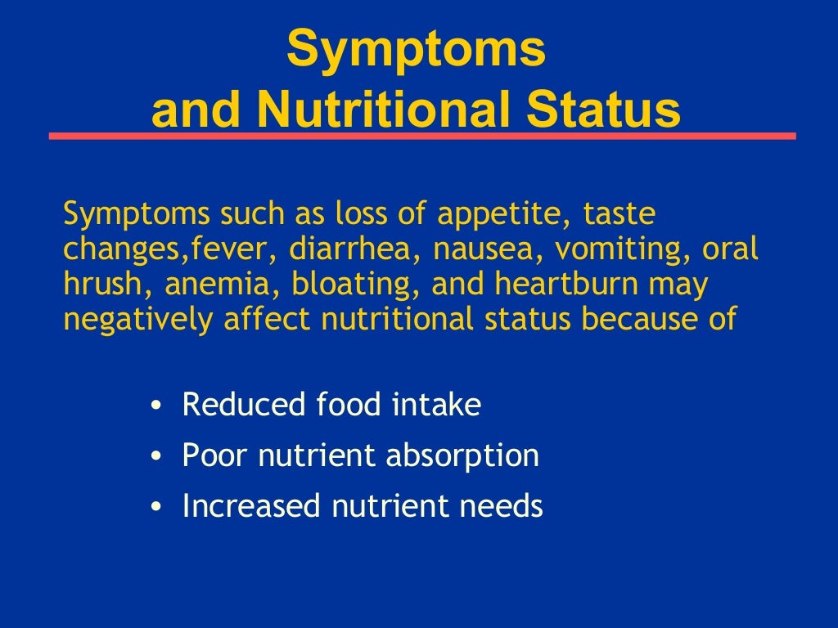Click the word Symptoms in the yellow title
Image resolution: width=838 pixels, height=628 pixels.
coord(416,48)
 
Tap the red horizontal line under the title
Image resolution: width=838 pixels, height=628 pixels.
coord(422,136)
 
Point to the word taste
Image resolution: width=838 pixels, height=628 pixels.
coord(619,216)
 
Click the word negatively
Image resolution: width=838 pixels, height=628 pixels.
coord(138,319)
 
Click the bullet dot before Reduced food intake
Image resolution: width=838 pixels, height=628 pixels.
coord(156,406)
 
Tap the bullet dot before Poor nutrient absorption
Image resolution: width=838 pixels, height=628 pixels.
coord(156,457)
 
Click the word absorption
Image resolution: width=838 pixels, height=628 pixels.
coord(463,456)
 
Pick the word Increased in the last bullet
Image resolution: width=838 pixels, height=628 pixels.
coord(252,506)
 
